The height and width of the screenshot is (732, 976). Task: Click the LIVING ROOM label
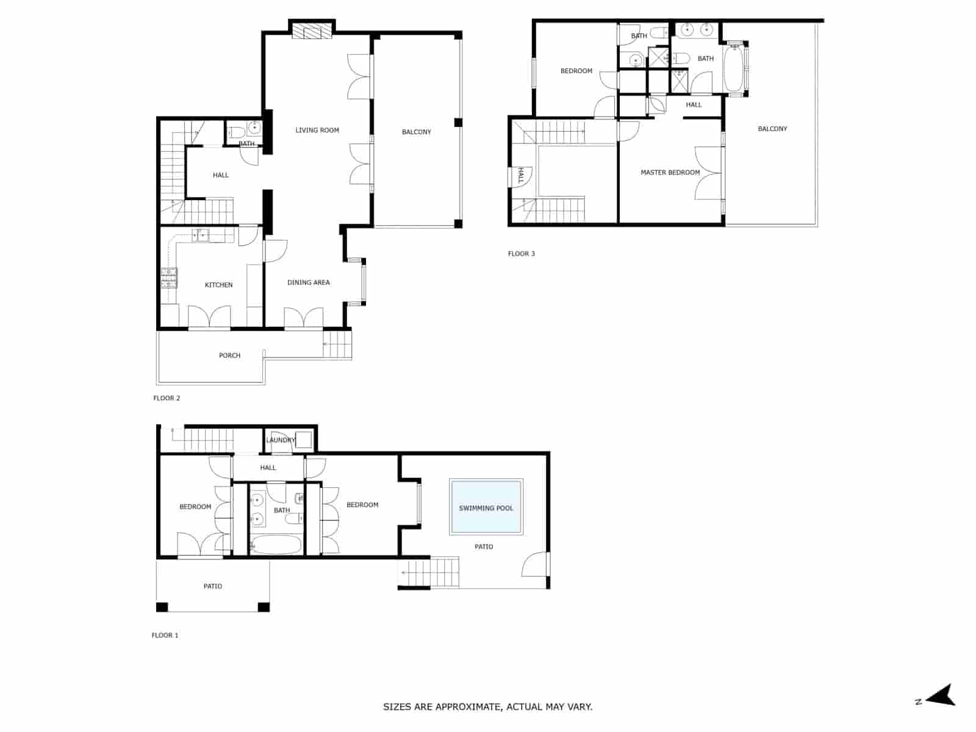point(317,130)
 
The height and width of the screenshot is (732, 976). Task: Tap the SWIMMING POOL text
point(486,508)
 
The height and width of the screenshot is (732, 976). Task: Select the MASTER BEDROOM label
point(670,173)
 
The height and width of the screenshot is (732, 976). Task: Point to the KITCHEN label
point(218,285)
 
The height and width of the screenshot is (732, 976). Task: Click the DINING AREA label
point(308,282)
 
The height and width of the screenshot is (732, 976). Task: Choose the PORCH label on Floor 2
point(229,356)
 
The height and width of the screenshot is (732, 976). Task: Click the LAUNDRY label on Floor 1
point(280,440)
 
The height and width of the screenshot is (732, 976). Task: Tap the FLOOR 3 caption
point(521,254)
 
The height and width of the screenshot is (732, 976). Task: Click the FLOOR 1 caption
point(165,635)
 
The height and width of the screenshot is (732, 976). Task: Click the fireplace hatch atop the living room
point(312,30)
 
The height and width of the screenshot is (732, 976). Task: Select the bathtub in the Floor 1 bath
point(276,545)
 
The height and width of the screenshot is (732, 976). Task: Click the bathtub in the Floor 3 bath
point(734,68)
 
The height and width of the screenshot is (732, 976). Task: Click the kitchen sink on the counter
point(201,235)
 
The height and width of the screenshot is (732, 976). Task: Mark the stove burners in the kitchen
point(168,278)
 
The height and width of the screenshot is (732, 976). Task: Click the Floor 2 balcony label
point(416,132)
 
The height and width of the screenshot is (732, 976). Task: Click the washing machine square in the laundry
point(304,439)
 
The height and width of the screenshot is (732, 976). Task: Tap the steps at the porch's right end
point(337,344)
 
